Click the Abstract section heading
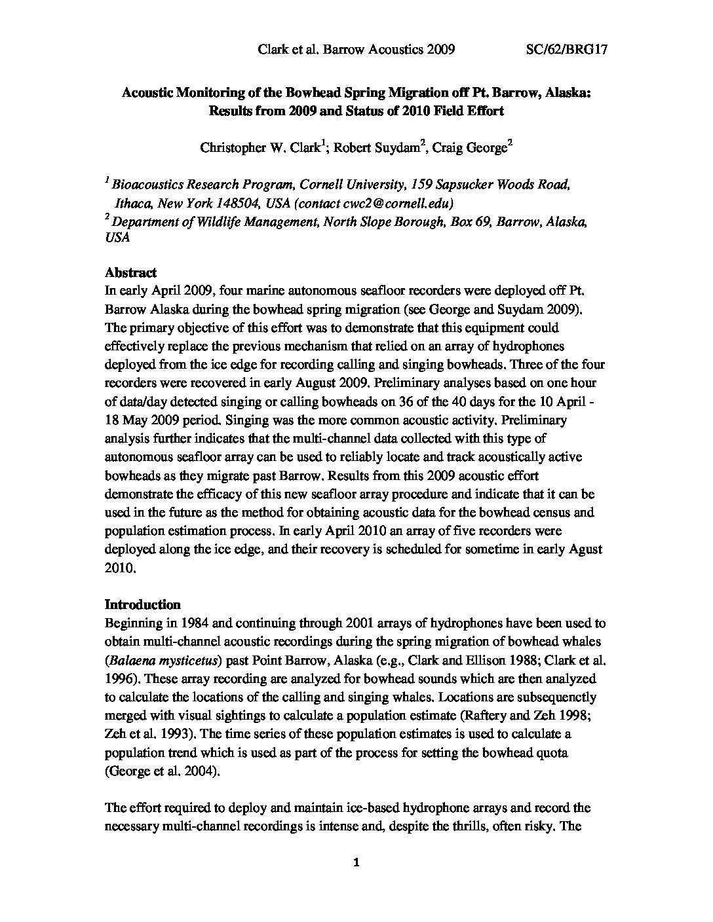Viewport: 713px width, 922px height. (x=130, y=272)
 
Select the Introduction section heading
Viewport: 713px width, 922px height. (x=142, y=604)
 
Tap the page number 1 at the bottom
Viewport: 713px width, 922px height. (x=356, y=863)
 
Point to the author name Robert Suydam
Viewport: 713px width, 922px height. (x=377, y=147)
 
